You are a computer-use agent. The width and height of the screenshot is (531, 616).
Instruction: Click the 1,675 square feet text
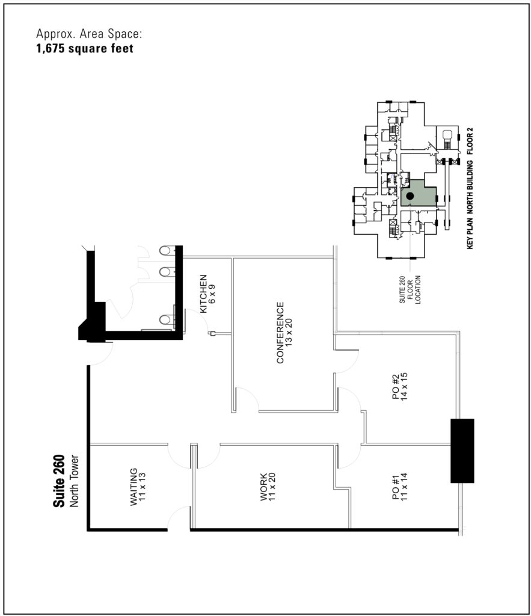pyautogui.click(x=85, y=49)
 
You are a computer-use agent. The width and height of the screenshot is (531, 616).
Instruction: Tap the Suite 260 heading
pyautogui.click(x=59, y=481)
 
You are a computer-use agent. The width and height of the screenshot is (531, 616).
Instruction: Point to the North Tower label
pyautogui.click(x=74, y=481)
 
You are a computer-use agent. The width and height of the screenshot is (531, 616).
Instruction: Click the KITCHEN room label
pyautogui.click(x=203, y=294)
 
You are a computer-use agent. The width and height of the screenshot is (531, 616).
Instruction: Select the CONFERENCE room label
pyautogui.click(x=280, y=333)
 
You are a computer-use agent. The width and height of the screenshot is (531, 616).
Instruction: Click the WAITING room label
pyautogui.click(x=134, y=487)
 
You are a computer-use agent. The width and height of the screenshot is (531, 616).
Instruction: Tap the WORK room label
pyautogui.click(x=264, y=487)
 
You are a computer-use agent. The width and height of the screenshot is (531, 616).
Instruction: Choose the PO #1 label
pyautogui.click(x=396, y=487)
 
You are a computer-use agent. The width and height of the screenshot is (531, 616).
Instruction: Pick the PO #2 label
pyautogui.click(x=396, y=387)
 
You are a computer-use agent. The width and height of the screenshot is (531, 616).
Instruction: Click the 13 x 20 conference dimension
pyautogui.click(x=289, y=333)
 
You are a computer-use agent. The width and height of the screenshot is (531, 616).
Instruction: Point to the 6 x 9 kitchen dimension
pyautogui.click(x=212, y=294)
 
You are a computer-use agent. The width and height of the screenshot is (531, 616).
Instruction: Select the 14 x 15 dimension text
pyautogui.click(x=405, y=387)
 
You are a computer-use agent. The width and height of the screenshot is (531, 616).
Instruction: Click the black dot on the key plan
pyautogui.click(x=410, y=196)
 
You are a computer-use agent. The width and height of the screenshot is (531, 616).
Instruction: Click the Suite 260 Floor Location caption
pyautogui.click(x=410, y=289)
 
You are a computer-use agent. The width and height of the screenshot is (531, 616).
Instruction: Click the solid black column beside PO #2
pyautogui.click(x=462, y=451)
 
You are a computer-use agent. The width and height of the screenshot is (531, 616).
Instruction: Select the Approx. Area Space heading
pyautogui.click(x=89, y=34)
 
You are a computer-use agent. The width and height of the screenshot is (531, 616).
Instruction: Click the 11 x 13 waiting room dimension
pyautogui.click(x=143, y=487)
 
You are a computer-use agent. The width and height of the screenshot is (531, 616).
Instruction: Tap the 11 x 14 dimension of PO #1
pyautogui.click(x=405, y=487)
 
